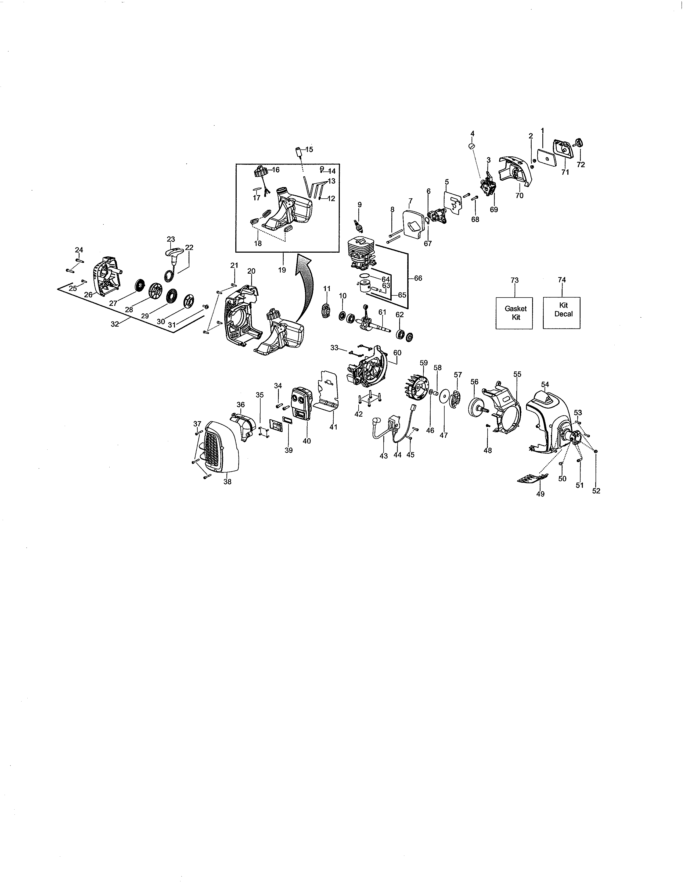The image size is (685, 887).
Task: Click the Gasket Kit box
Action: click(514, 313)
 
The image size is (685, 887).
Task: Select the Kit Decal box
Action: click(562, 313)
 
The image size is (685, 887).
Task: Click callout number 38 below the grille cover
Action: click(227, 482)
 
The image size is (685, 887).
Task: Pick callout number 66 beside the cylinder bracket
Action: click(418, 278)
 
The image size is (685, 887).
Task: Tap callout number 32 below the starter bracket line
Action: click(115, 324)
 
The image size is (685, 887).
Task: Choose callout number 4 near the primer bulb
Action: click(472, 133)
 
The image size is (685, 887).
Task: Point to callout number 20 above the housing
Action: click(251, 271)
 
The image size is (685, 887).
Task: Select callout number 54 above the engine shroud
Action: click(545, 384)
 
